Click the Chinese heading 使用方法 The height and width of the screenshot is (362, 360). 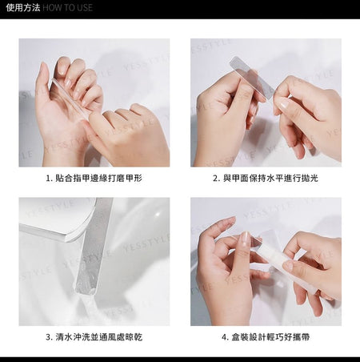tap(23, 7)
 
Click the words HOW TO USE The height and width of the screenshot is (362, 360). tap(68, 7)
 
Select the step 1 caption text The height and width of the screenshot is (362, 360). tap(94, 178)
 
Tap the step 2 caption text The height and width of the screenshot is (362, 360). tap(266, 178)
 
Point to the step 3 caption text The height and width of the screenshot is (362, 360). tap(94, 337)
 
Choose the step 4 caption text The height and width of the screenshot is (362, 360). tap(266, 337)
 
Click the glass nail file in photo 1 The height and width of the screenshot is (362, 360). tap(70, 98)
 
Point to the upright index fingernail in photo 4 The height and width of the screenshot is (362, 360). tap(245, 239)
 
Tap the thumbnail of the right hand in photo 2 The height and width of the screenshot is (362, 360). tap(282, 103)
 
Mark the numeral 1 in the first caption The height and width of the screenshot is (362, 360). tap(48, 179)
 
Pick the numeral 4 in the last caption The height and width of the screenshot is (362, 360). tap(224, 337)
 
